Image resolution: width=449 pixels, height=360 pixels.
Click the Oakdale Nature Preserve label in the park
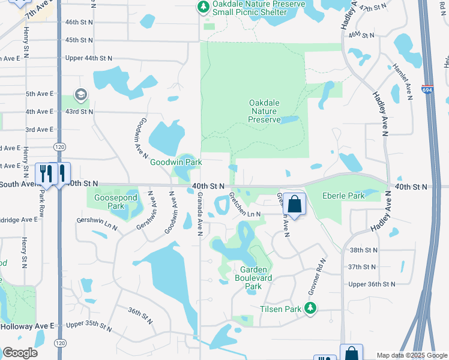coord(265,111)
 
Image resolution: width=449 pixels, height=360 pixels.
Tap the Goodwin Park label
coord(175,162)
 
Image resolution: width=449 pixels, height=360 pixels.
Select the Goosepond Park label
coord(113,202)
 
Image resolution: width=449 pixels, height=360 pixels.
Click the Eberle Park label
coord(343,196)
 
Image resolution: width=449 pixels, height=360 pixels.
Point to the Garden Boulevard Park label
coord(254,278)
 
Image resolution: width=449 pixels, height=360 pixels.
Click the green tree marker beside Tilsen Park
coord(310,309)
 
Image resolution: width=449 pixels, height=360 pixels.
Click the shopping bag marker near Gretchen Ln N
coord(295,204)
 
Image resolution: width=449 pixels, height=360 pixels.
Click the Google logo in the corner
coord(20,352)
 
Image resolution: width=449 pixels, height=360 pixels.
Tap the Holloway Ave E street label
coord(27,326)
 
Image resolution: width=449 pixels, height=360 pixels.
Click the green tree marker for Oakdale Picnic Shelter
coord(203,7)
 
